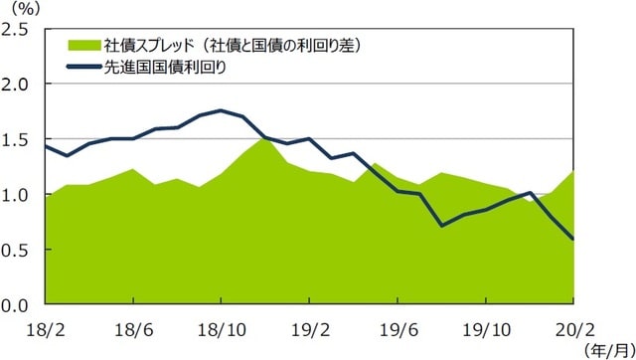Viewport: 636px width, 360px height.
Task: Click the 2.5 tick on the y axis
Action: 19,29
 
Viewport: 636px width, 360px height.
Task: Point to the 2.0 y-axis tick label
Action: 19,85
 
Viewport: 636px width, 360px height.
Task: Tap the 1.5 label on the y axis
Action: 19,139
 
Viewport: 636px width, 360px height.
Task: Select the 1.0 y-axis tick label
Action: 19,195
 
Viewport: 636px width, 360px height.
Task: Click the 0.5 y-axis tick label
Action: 19,250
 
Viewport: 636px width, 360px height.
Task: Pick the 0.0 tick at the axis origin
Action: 19,305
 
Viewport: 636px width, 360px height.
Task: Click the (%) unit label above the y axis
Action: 26,8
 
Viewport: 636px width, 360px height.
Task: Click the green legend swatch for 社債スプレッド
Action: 83,45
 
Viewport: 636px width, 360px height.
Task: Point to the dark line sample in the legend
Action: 83,67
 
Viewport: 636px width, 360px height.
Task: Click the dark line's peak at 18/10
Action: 221,110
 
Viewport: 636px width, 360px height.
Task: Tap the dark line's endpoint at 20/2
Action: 573,239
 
